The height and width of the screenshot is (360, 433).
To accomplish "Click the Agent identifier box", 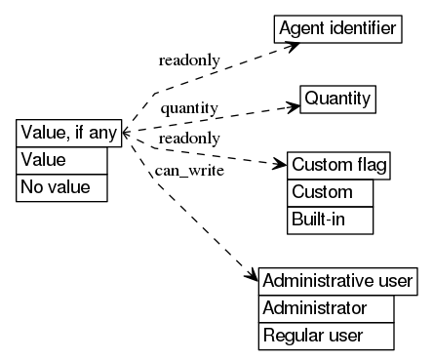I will coord(336,29).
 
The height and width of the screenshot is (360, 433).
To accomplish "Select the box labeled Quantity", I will coord(337,100).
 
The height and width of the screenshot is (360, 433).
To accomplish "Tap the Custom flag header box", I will coord(338,165).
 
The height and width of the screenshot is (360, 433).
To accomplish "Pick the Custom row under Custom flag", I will coord(330,192).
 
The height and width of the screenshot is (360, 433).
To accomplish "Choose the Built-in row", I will coord(330,220).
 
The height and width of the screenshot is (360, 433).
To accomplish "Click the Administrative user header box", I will coord(338,281).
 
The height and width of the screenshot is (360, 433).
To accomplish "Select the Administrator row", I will coord(326,308).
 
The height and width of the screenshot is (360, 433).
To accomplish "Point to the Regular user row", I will coord(326,336).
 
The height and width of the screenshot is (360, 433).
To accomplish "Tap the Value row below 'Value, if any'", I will coord(60,160).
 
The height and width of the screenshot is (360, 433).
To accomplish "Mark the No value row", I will coord(60,186).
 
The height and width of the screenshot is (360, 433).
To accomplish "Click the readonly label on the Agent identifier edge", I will coord(182,60).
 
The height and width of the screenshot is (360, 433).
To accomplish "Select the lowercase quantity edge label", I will coord(188,105).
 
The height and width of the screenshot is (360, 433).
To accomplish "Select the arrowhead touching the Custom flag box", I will coord(282,163).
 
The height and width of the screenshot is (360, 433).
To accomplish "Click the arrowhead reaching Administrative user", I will coord(253,276).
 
